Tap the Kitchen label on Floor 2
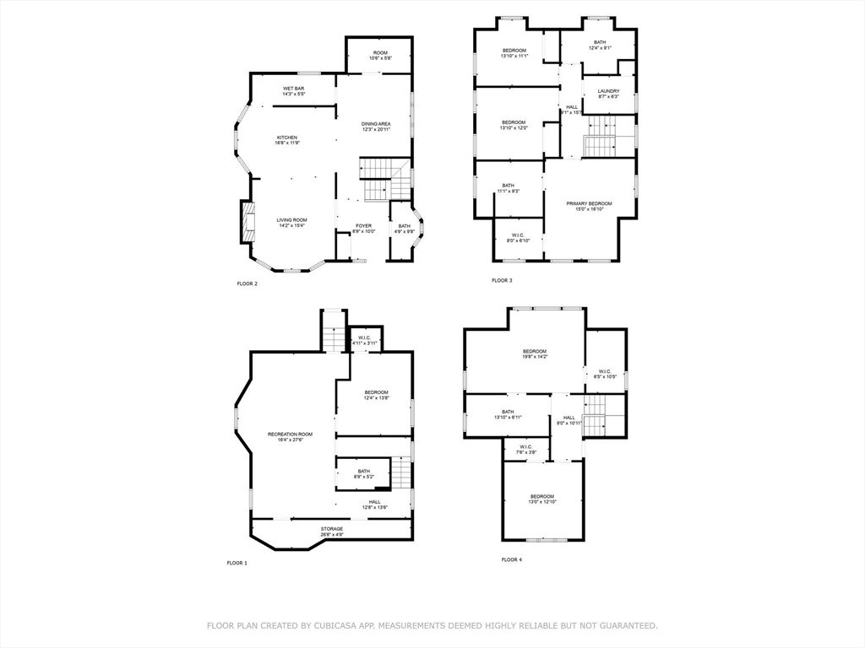[x=286, y=140]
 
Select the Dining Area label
[x=376, y=127]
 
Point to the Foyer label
[x=363, y=229]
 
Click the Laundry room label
[x=608, y=94]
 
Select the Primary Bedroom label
[x=589, y=206]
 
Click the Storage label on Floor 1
[x=331, y=532]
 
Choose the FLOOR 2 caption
[x=248, y=283]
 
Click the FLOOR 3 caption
[x=502, y=280]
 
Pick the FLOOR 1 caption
[x=237, y=563]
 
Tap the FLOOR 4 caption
[x=511, y=559]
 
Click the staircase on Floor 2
[x=378, y=179]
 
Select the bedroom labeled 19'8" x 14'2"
[x=534, y=354]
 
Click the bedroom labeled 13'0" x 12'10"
[x=542, y=499]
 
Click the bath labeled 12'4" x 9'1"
[x=600, y=45]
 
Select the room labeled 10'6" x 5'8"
[x=380, y=56]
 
